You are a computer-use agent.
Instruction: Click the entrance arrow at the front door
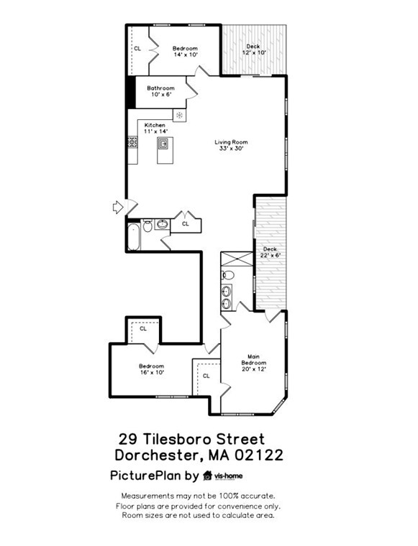click(x=118, y=208)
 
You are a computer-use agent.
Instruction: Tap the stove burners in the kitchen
click(x=132, y=142)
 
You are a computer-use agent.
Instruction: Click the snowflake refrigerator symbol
click(x=179, y=115)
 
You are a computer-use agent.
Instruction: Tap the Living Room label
click(x=231, y=145)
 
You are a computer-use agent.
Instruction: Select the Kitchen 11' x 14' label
click(x=155, y=128)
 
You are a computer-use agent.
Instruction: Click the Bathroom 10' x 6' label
click(x=160, y=91)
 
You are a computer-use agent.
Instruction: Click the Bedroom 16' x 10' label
click(x=152, y=369)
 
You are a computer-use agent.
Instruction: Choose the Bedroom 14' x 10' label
click(x=184, y=50)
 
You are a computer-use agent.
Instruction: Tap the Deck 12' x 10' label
click(x=254, y=50)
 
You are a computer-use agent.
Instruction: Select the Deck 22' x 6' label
click(x=270, y=252)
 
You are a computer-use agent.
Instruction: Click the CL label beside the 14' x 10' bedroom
click(x=137, y=48)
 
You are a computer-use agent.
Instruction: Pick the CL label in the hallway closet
click(x=185, y=223)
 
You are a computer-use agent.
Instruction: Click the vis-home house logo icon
click(x=208, y=476)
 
